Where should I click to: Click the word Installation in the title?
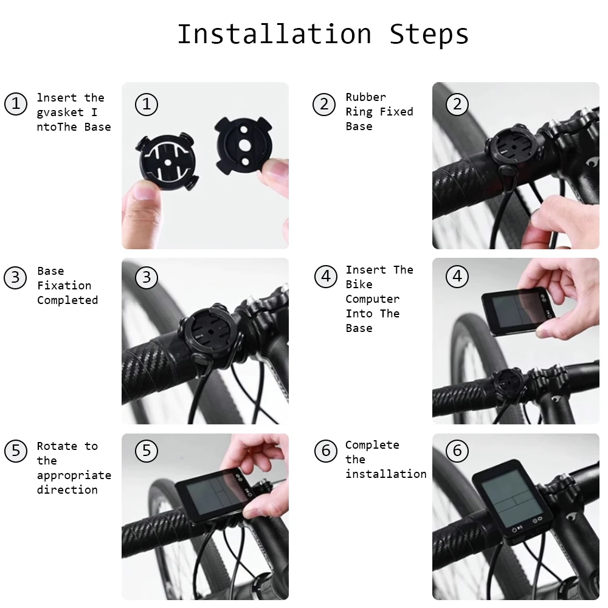tap(274, 34)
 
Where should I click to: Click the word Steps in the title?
tap(429, 34)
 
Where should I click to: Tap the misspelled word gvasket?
tap(60, 112)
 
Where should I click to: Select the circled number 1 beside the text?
tap(16, 103)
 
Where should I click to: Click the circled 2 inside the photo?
tap(457, 104)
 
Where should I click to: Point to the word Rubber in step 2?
tap(365, 97)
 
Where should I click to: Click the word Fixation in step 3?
tap(64, 286)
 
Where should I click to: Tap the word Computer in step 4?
tap(372, 299)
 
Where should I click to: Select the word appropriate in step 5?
tap(74, 475)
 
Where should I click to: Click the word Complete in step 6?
tap(372, 445)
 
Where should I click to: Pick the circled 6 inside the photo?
tap(457, 451)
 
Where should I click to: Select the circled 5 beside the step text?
tap(16, 451)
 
